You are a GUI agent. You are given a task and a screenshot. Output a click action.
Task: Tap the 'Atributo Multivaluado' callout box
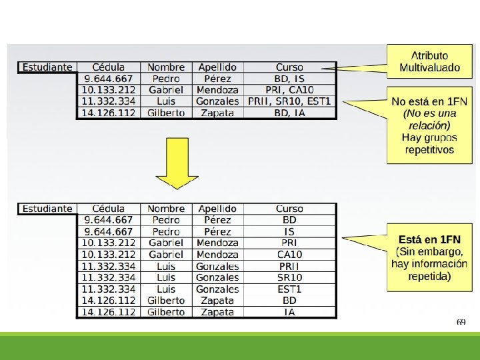tap(429, 61)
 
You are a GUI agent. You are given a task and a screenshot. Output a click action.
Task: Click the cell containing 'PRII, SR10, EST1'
tap(289, 101)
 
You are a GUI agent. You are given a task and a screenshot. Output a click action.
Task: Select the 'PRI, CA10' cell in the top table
tap(289, 90)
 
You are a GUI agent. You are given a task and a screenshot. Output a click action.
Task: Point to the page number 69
tap(461, 322)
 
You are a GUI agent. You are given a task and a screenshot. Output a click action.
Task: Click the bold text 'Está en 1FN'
tap(429, 239)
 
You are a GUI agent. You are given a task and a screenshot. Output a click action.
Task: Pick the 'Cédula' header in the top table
tap(109, 67)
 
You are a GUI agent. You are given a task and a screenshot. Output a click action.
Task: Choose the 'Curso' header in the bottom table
tap(289, 209)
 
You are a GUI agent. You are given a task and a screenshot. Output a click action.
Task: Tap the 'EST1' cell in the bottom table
tap(289, 289)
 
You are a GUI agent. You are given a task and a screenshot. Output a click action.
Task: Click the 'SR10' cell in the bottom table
tap(289, 277)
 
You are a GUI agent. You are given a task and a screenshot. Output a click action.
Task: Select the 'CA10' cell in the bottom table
tap(289, 255)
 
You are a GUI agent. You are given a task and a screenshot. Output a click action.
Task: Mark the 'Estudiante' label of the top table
tap(47, 67)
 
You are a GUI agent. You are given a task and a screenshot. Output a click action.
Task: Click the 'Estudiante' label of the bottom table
tap(47, 209)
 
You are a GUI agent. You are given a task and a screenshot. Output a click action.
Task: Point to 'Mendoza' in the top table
tap(217, 90)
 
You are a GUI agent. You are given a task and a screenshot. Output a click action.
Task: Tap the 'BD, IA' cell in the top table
tap(289, 113)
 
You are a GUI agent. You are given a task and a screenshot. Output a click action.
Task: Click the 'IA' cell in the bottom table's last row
tap(289, 312)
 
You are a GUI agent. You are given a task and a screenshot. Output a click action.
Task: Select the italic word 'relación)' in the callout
tap(429, 125)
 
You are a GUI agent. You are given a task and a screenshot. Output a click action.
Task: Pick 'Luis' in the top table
tap(166, 101)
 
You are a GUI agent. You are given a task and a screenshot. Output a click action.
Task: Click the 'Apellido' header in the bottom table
tap(217, 209)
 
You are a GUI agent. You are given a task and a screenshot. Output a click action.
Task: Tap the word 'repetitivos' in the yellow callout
tap(429, 150)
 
